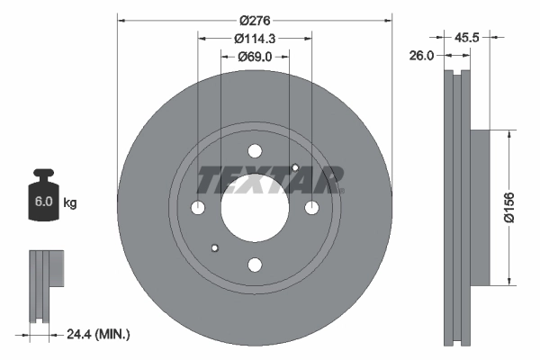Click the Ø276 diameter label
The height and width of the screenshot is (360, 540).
coord(256,18)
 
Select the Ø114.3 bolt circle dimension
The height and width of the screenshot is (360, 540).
coord(256,39)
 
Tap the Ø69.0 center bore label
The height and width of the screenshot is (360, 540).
coord(256,57)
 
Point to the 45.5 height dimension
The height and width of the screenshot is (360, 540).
coord(466,38)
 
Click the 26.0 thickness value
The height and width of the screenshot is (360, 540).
coord(421,55)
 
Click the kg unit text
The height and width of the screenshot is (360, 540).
coord(70,203)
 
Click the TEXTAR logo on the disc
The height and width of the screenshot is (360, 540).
coord(270,179)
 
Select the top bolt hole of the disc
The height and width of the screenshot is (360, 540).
coord(255,151)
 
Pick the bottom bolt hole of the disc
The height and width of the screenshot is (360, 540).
coord(255,265)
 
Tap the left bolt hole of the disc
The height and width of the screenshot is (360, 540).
coord(198,208)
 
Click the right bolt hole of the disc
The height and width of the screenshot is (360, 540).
coord(311,208)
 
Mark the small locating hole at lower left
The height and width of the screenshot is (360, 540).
coord(214,248)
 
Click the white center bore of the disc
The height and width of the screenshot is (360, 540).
coord(255,208)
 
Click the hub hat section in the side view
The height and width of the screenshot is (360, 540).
coord(477,206)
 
